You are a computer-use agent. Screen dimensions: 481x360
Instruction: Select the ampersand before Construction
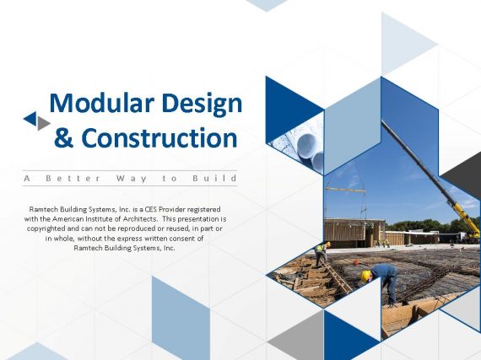(64, 137)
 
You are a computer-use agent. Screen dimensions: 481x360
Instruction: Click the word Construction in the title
(159, 137)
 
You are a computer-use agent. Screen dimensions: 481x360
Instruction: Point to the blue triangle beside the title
(31, 119)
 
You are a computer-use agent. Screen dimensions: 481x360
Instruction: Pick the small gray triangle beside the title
(43, 123)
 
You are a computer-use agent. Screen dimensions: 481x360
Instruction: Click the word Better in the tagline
(73, 179)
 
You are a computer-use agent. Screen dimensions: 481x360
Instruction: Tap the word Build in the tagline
(214, 179)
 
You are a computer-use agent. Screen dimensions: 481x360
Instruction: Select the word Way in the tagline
(132, 179)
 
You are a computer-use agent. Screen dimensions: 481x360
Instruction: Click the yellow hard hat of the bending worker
(365, 276)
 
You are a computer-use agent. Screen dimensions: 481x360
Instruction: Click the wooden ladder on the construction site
(338, 277)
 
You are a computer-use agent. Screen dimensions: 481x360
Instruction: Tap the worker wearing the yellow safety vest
(322, 255)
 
